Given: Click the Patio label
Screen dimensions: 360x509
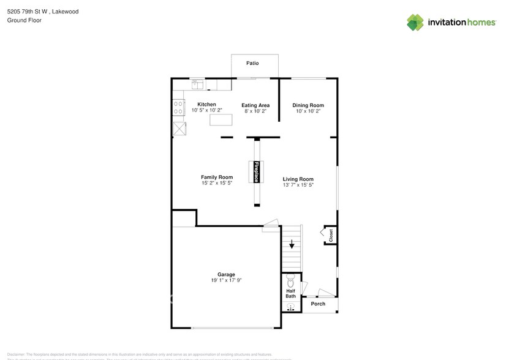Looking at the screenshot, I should click(252, 63).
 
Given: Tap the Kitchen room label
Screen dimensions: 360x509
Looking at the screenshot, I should click(206, 105).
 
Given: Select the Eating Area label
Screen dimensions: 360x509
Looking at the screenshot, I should click(255, 105).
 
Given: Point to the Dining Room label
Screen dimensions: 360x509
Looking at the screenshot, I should click(307, 105).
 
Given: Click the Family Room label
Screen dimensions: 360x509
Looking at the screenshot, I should click(217, 178).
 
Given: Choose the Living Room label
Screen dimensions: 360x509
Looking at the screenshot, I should click(298, 179).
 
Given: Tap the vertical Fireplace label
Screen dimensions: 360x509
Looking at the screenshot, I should click(255, 171).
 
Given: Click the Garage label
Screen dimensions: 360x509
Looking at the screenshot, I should click(226, 274).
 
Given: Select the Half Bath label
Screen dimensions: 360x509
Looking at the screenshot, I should click(290, 294).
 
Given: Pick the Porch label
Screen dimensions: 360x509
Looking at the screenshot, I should click(318, 304).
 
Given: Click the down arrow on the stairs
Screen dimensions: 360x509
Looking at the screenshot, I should click(292, 244).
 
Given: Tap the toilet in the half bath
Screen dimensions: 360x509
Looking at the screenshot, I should click(290, 281).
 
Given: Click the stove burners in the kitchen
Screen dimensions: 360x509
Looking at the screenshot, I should click(178, 108).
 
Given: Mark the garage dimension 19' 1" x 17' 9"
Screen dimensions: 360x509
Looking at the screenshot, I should click(226, 280).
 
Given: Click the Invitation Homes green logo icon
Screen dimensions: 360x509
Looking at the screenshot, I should click(415, 22).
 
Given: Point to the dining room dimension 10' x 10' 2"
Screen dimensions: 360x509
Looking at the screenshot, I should click(307, 111).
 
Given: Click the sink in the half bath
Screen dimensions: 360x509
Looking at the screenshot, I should click(290, 307).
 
